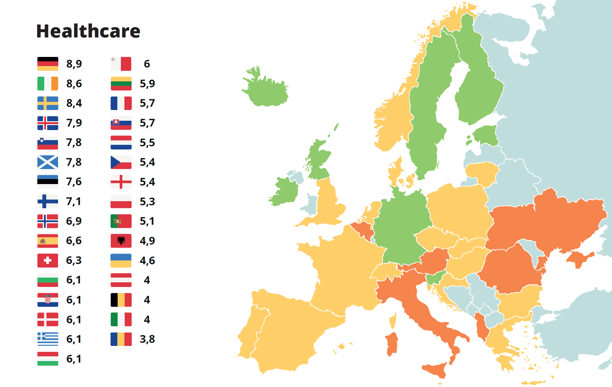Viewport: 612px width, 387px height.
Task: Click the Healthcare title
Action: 88,31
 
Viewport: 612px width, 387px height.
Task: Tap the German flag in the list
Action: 48,64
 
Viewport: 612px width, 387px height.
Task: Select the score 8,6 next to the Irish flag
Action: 74,84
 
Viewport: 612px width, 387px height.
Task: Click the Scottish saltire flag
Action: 48,162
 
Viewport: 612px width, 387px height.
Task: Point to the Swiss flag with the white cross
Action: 48,260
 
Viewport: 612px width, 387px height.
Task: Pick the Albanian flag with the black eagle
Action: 121,241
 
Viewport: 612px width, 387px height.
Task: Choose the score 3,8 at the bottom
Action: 147,339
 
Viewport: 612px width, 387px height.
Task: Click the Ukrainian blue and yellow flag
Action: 121,260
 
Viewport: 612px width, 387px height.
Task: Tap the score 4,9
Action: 147,241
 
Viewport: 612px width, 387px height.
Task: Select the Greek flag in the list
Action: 48,339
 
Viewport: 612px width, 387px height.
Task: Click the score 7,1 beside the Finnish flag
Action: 73,201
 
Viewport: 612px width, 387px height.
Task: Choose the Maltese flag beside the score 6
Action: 121,64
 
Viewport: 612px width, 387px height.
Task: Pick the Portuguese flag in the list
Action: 121,221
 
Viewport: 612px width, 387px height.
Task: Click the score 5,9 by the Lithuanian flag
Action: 147,84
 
